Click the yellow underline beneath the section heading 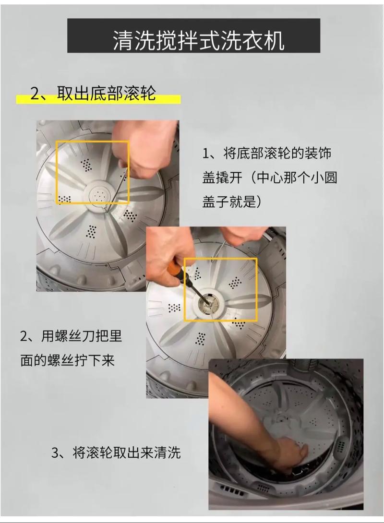tap(98, 100)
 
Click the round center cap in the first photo tap(99, 195)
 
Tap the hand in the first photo tap(144, 149)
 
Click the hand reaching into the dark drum tap(288, 453)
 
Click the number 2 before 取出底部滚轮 tap(35, 93)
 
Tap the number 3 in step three tap(55, 452)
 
